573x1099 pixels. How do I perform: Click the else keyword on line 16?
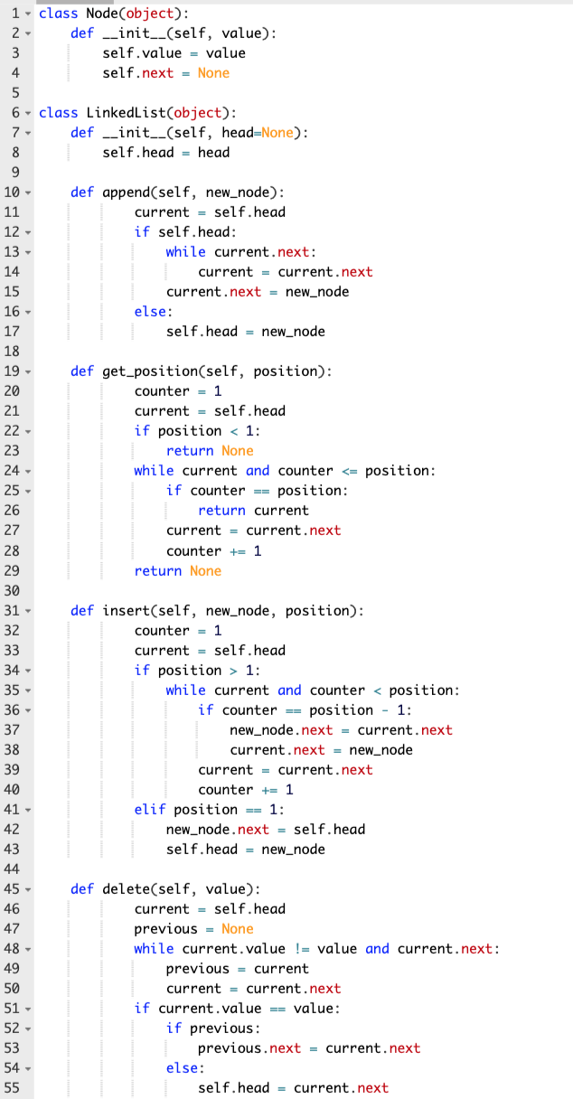[150, 312]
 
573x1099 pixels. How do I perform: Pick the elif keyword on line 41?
[150, 809]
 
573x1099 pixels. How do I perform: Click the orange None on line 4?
[213, 73]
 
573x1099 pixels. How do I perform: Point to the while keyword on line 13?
[185, 252]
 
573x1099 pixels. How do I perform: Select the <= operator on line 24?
[349, 471]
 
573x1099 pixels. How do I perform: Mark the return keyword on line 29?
[158, 570]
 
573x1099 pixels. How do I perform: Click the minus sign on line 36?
[389, 709]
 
